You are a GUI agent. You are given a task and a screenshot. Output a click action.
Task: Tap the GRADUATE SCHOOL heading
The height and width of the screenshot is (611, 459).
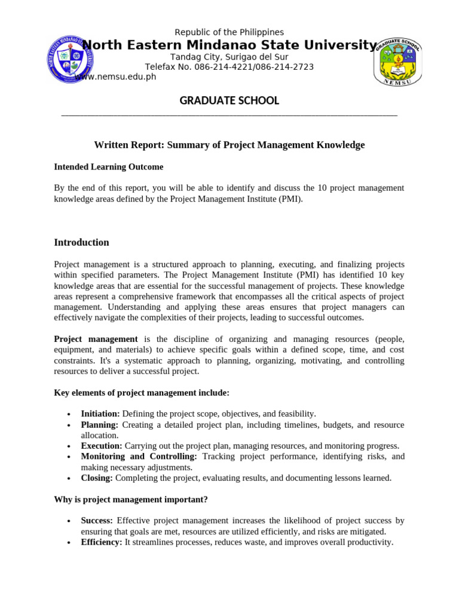point(229,101)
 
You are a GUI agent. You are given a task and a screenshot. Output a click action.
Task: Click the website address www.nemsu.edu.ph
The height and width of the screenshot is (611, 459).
point(116,76)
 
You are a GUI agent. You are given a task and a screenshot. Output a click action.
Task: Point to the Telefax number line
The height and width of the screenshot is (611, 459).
point(229,67)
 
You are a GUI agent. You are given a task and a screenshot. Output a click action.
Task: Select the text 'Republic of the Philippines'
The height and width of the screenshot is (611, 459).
point(229,32)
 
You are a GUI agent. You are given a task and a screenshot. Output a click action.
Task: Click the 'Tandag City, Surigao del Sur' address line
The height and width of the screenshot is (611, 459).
point(229,57)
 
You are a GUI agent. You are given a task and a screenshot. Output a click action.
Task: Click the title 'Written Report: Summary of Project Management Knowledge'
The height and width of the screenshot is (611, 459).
point(229,145)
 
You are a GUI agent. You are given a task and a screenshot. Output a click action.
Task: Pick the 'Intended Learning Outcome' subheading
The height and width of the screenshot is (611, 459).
point(109,167)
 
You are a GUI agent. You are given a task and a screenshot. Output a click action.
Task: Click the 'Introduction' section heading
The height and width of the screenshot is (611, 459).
point(82,242)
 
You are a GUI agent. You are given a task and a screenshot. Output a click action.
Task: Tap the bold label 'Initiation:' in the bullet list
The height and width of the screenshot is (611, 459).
point(100,414)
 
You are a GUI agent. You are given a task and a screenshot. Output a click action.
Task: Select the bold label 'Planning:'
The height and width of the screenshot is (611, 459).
point(100,425)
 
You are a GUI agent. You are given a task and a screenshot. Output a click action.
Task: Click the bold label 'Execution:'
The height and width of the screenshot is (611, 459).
point(102,446)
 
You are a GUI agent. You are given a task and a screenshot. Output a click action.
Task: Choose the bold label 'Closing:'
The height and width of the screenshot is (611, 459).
point(97,478)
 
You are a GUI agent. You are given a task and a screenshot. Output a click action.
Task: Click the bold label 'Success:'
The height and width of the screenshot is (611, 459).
point(97,521)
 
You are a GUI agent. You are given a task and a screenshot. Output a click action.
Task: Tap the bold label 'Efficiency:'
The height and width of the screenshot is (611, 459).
point(102,542)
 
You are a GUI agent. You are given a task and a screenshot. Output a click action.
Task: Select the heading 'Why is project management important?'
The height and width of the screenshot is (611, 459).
point(131,499)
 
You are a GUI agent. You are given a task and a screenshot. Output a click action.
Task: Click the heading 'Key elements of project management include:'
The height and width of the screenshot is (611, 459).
point(142,393)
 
